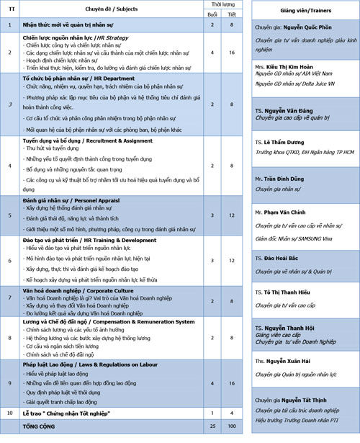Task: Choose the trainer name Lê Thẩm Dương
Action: click(283, 143)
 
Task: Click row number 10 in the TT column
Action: click(9, 413)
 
